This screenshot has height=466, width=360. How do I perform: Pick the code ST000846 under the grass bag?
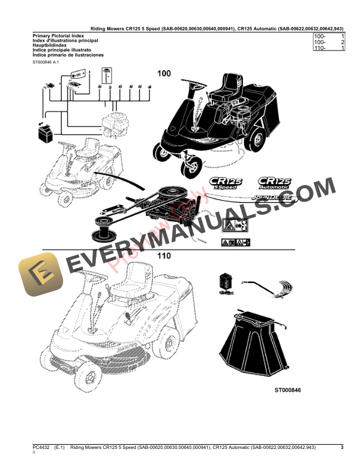coord(291,390)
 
